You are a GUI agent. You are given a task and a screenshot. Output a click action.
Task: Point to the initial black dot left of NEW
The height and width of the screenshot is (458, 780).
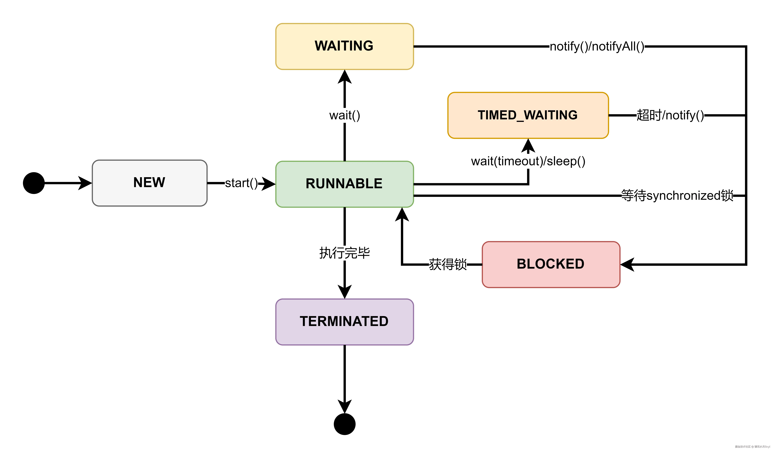[34, 183]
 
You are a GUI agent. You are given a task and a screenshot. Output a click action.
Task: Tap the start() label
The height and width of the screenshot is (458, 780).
[241, 183]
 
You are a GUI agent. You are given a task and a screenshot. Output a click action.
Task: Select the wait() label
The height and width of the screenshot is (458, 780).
[345, 116]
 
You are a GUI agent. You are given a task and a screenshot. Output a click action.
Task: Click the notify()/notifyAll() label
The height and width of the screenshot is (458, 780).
[597, 46]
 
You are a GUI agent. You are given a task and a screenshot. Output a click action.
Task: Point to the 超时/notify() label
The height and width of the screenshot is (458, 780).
[670, 115]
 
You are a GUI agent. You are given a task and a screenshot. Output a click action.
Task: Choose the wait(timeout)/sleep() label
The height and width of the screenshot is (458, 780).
[528, 161]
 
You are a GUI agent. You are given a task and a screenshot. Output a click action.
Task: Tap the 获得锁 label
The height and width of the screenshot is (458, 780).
[448, 264]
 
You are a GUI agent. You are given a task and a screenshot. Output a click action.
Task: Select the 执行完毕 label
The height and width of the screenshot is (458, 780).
[345, 253]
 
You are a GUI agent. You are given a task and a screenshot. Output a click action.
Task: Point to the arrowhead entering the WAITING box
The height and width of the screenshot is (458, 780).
[345, 77]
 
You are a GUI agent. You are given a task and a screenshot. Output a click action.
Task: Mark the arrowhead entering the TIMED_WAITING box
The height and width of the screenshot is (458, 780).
[528, 146]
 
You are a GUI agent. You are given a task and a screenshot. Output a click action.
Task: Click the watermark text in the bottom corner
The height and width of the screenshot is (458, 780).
[752, 447]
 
